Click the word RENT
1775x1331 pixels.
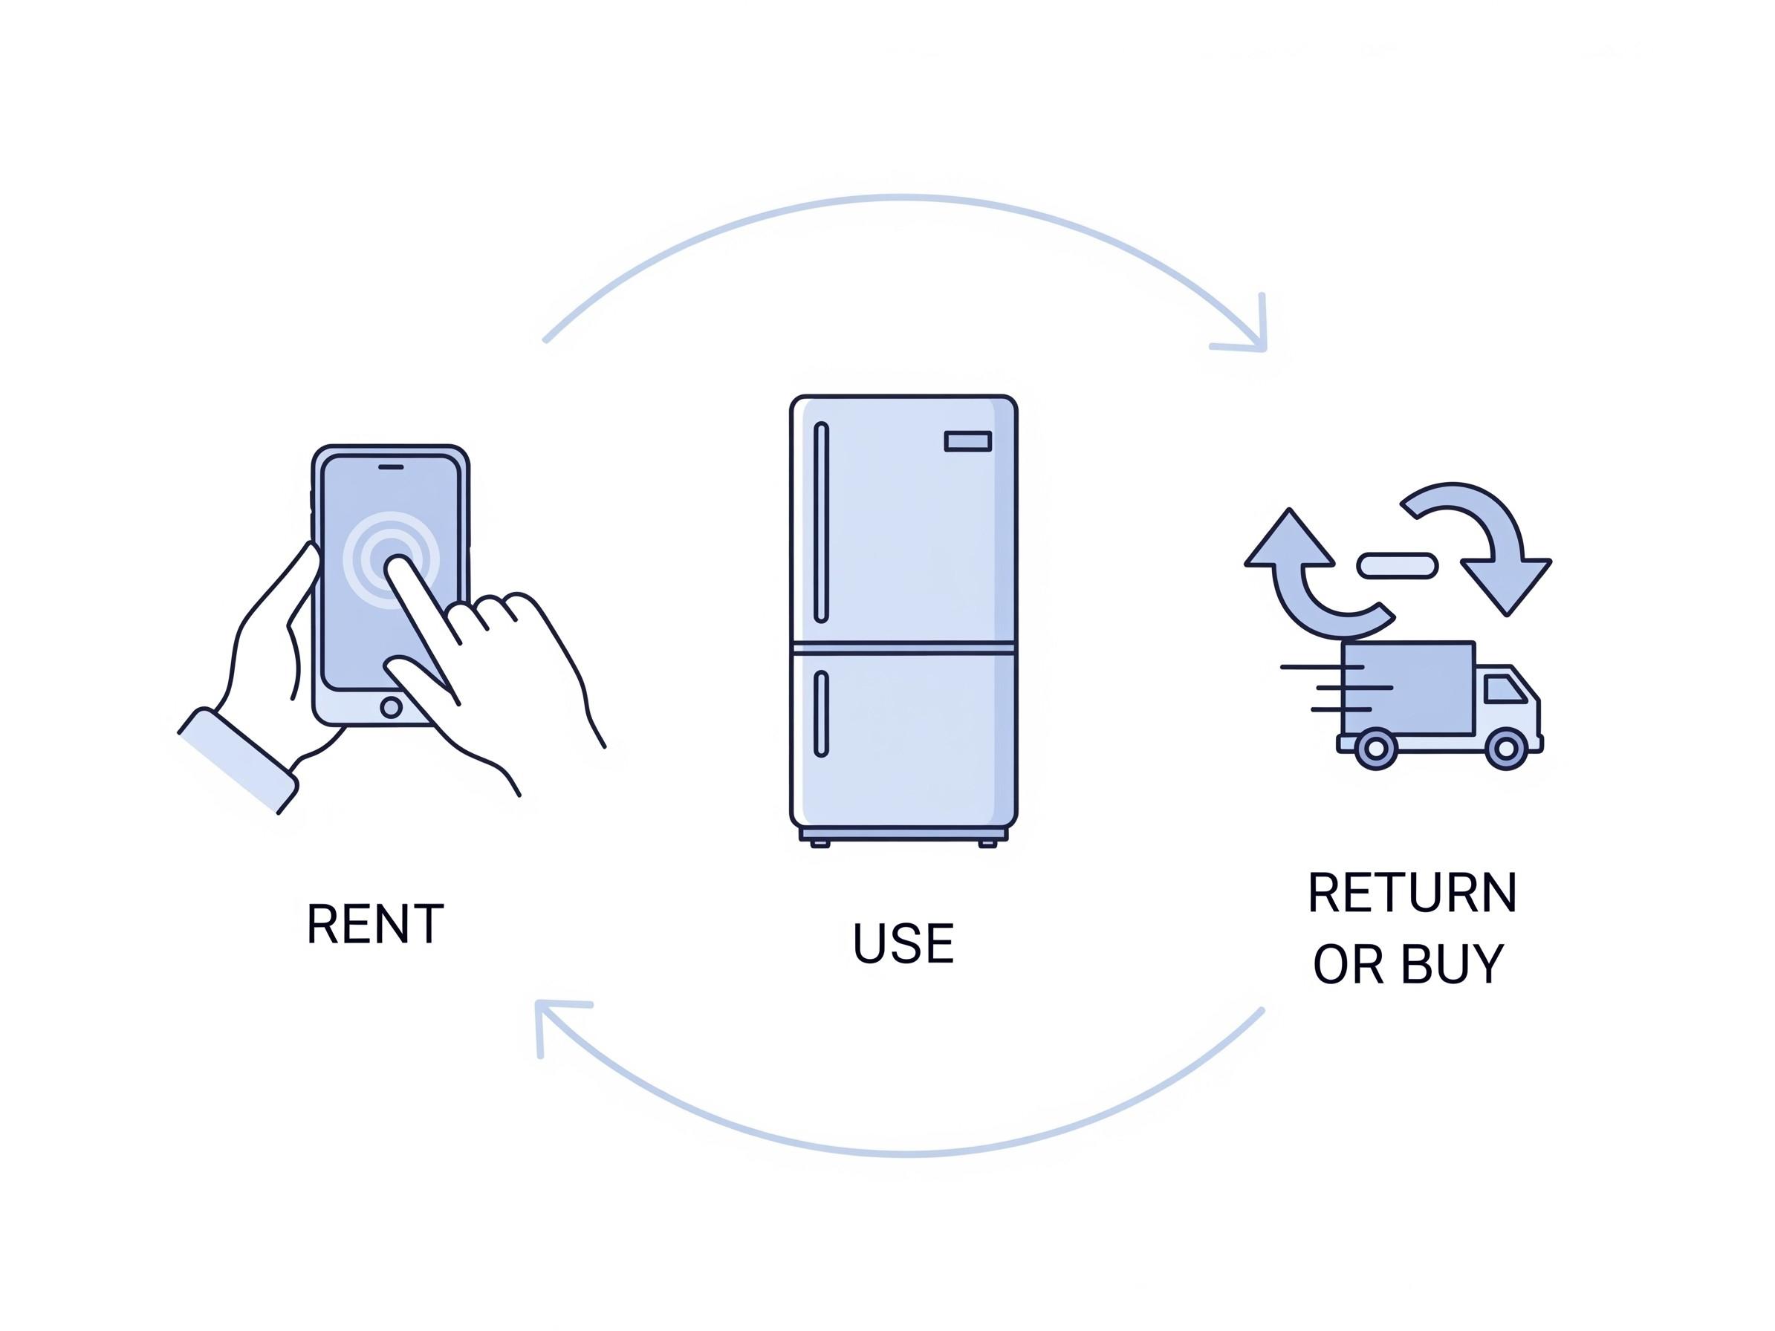[x=374, y=923]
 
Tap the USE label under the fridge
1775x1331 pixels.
[x=903, y=943]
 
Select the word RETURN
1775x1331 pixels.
[x=1412, y=892]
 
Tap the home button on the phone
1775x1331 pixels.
[x=392, y=707]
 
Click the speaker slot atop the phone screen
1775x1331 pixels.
[x=391, y=466]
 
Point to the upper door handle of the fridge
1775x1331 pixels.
[x=821, y=522]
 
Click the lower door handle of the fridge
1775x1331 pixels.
[x=821, y=714]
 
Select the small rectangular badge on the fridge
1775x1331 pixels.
[x=968, y=441]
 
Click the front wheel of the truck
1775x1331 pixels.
[x=1505, y=749]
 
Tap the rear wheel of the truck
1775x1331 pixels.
[x=1375, y=749]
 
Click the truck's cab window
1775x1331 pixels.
[x=1504, y=689]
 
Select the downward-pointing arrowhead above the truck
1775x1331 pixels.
[x=1505, y=584]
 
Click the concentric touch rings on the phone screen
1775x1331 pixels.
[x=391, y=559]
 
